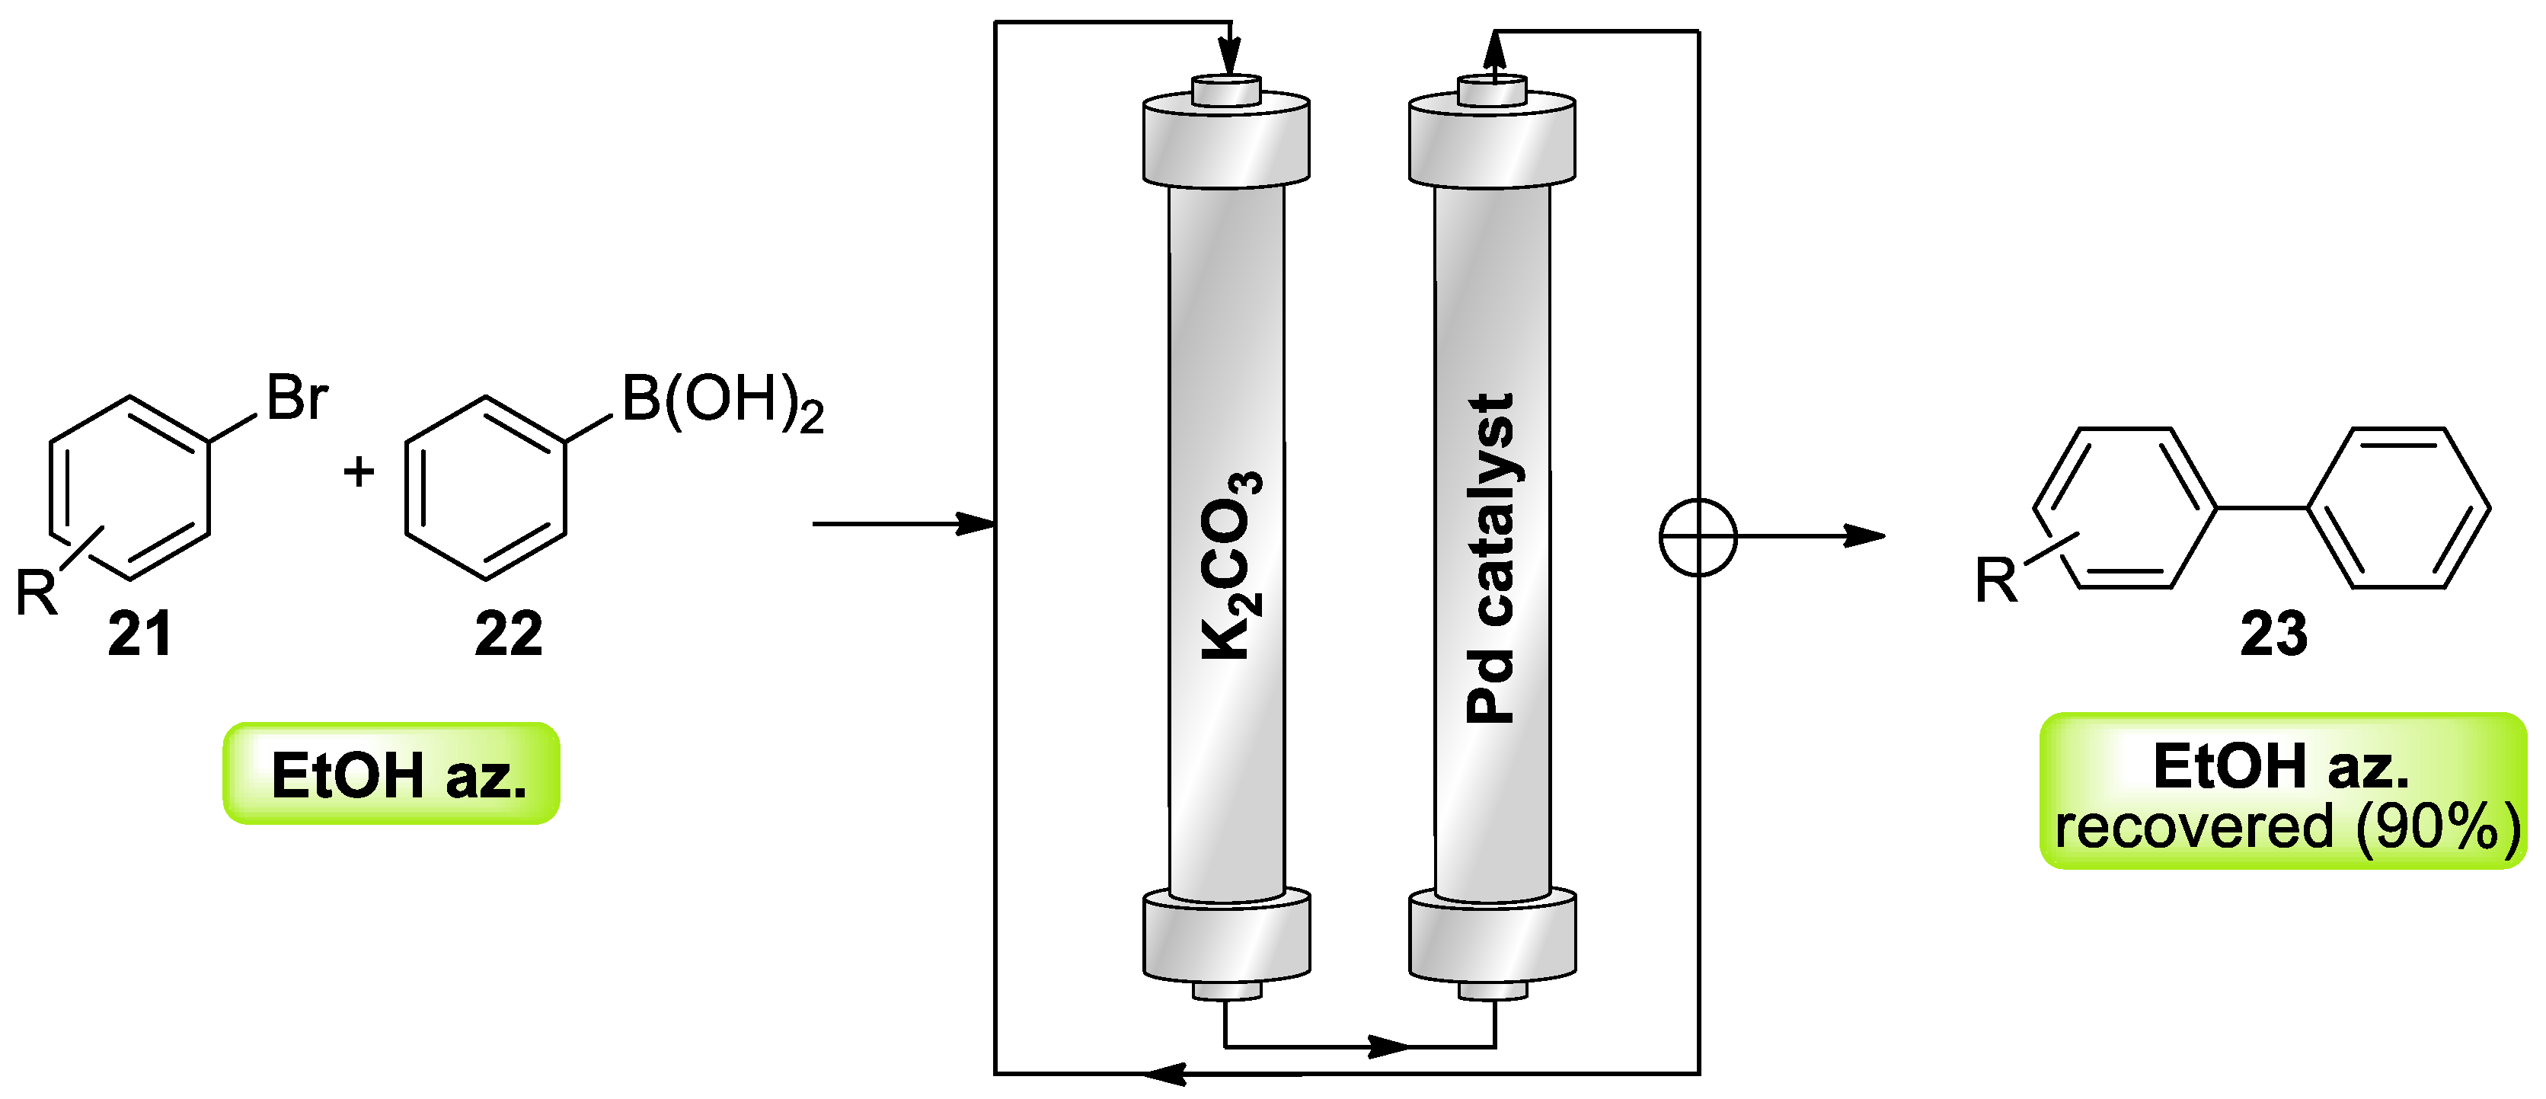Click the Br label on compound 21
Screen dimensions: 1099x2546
pyautogui.click(x=296, y=398)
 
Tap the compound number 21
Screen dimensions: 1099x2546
pyautogui.click(x=139, y=634)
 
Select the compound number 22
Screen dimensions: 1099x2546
pyautogui.click(x=508, y=634)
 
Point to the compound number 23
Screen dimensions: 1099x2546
pyautogui.click(x=2273, y=634)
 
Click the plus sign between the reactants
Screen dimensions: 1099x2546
pyautogui.click(x=359, y=471)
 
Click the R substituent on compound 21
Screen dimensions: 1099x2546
pyautogui.click(x=37, y=594)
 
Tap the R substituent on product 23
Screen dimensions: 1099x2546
pyautogui.click(x=1995, y=580)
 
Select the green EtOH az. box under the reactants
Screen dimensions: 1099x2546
pyautogui.click(x=391, y=774)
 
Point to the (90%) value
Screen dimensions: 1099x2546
pyautogui.click(x=2437, y=827)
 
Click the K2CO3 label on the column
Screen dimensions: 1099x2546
pyautogui.click(x=1231, y=565)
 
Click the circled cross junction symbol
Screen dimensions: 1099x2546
pyautogui.click(x=1697, y=538)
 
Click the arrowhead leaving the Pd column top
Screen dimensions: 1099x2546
pyautogui.click(x=1494, y=50)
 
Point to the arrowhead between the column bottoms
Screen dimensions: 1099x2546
pyautogui.click(x=1388, y=1046)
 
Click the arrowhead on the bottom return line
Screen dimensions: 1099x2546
pyautogui.click(x=1166, y=1073)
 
